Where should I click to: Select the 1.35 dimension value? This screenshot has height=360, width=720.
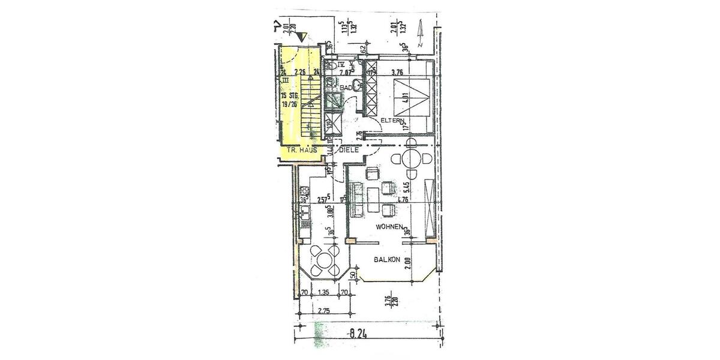(324, 293)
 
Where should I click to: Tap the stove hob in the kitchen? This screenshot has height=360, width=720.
(304, 193)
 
